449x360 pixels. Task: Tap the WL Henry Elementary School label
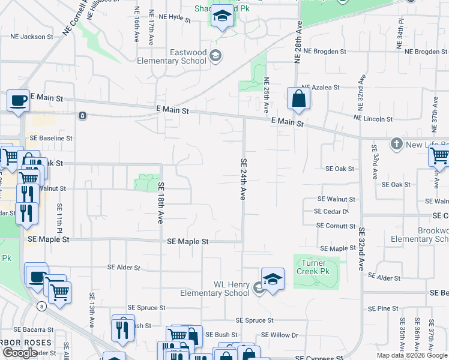(x=215, y=289)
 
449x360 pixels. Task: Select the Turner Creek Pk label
(x=311, y=268)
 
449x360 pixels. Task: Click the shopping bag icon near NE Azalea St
(x=298, y=98)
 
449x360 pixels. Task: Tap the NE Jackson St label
(x=32, y=37)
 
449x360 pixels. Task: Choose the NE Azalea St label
(x=321, y=87)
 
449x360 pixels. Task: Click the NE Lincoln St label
(x=373, y=119)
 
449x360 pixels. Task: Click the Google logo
(x=20, y=353)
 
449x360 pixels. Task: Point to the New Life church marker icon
(x=396, y=144)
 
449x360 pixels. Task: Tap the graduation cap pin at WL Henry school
(x=273, y=279)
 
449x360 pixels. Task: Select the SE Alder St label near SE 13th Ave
(x=124, y=267)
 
